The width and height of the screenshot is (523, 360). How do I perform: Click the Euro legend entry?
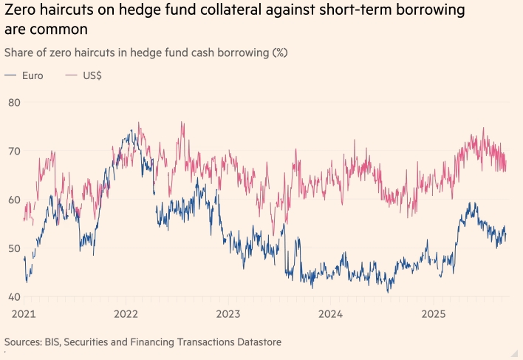pos(33,76)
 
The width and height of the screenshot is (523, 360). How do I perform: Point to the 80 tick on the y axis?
pos(14,102)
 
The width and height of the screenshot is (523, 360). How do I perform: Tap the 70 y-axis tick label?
pos(14,151)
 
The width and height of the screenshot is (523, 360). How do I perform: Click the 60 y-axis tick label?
pos(14,200)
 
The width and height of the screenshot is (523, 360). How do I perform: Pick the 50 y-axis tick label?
pos(14,248)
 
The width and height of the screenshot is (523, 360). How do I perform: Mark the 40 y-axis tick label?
pos(14,297)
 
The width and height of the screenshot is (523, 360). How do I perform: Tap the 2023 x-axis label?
pos(228,313)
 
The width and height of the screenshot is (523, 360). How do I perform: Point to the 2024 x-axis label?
pos(331,313)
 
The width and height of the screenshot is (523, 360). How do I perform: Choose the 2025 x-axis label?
pos(434,313)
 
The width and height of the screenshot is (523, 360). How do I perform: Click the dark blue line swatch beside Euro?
pos(11,76)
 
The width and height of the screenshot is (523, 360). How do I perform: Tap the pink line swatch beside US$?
pos(72,76)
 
